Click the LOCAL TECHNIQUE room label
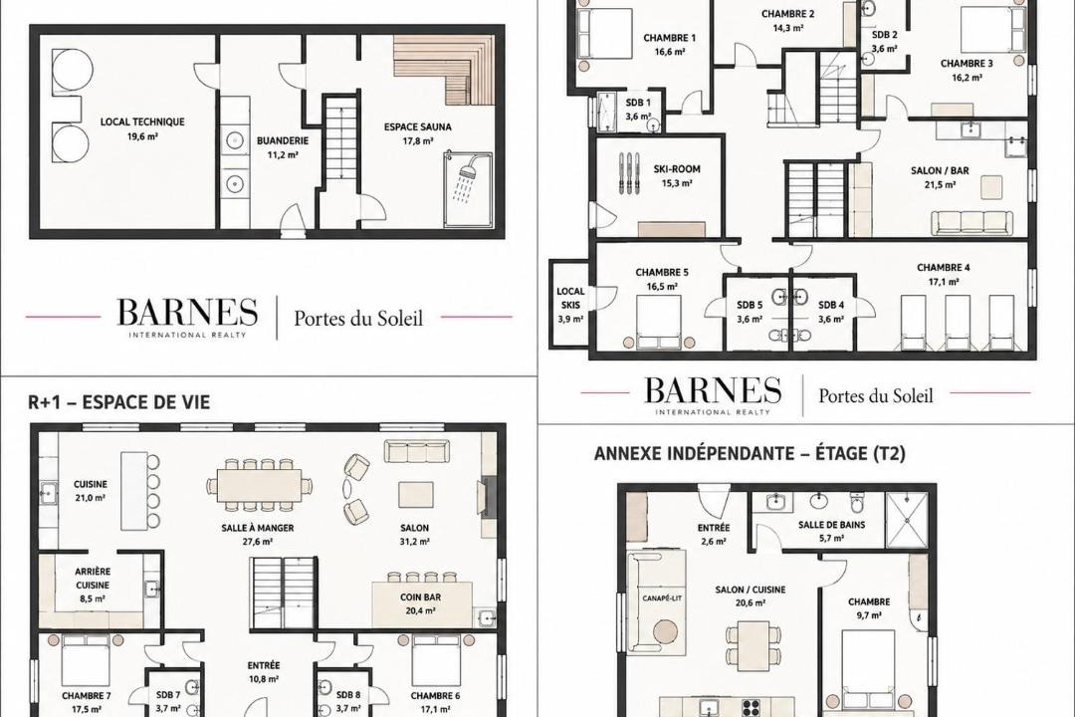click(142, 122)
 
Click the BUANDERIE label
click(283, 140)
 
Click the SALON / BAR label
click(940, 170)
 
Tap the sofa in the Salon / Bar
click(971, 223)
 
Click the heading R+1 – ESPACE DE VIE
click(119, 402)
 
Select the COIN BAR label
click(420, 597)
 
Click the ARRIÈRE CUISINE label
click(93, 579)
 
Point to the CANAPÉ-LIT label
click(662, 597)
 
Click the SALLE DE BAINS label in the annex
click(831, 525)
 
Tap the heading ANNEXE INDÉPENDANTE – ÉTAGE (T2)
click(750, 453)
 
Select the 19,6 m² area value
click(142, 136)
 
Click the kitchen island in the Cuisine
click(134, 491)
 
